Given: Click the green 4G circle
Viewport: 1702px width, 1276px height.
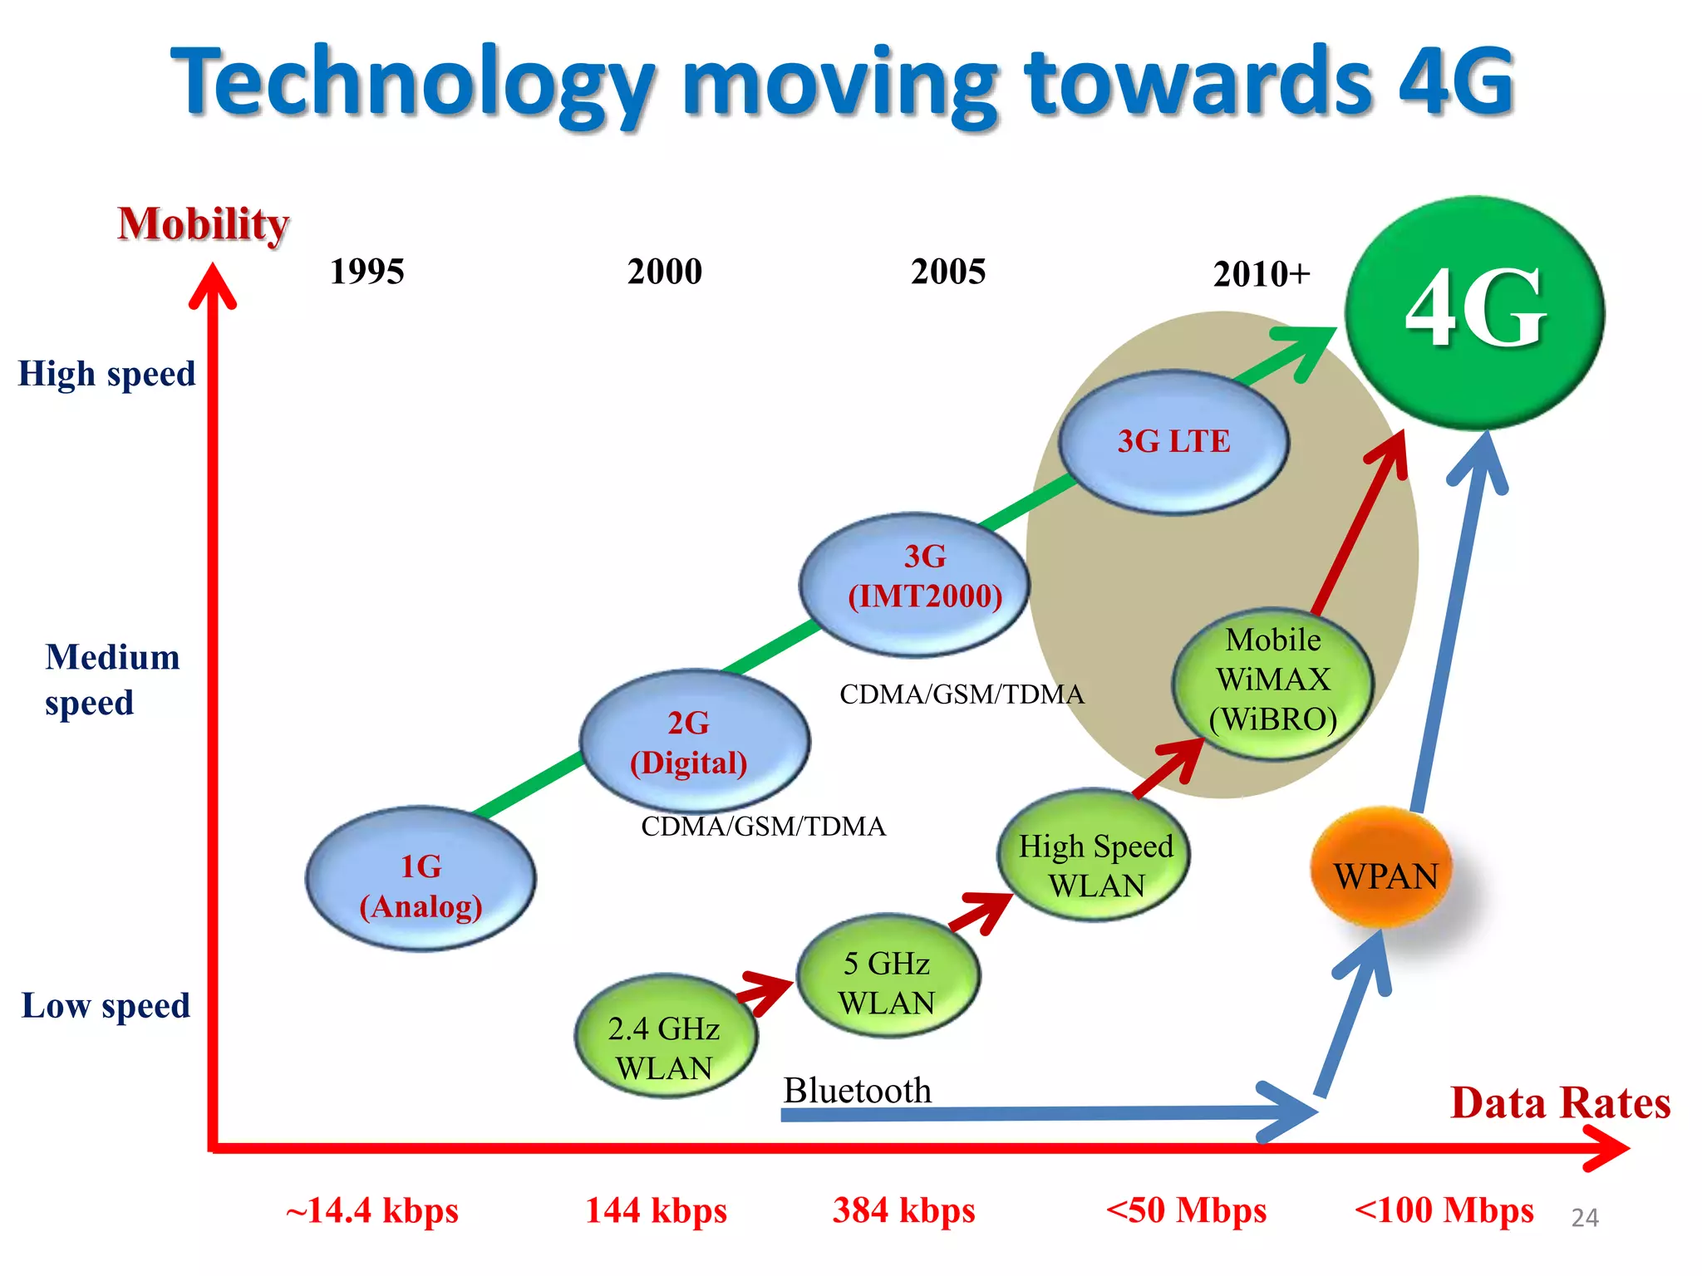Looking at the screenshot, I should pyautogui.click(x=1474, y=312).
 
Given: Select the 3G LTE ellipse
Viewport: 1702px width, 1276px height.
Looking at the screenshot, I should pyautogui.click(x=1173, y=441).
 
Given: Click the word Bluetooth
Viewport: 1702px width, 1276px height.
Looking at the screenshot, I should pyautogui.click(x=857, y=1090).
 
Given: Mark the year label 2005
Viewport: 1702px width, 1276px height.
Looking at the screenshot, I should pyautogui.click(x=947, y=272).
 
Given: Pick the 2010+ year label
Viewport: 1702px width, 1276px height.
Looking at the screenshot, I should pyautogui.click(x=1261, y=273).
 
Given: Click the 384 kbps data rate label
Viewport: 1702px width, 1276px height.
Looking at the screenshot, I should pyautogui.click(x=903, y=1210).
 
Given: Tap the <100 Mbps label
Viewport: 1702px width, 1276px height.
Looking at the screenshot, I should pyautogui.click(x=1444, y=1210).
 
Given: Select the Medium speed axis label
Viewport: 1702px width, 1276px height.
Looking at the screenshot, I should pyautogui.click(x=111, y=680).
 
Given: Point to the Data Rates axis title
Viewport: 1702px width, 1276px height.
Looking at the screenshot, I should pyautogui.click(x=1559, y=1103).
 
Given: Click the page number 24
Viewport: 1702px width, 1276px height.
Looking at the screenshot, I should pyautogui.click(x=1584, y=1218).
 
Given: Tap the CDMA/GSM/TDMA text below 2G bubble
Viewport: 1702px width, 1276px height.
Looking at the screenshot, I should pyautogui.click(x=763, y=826).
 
